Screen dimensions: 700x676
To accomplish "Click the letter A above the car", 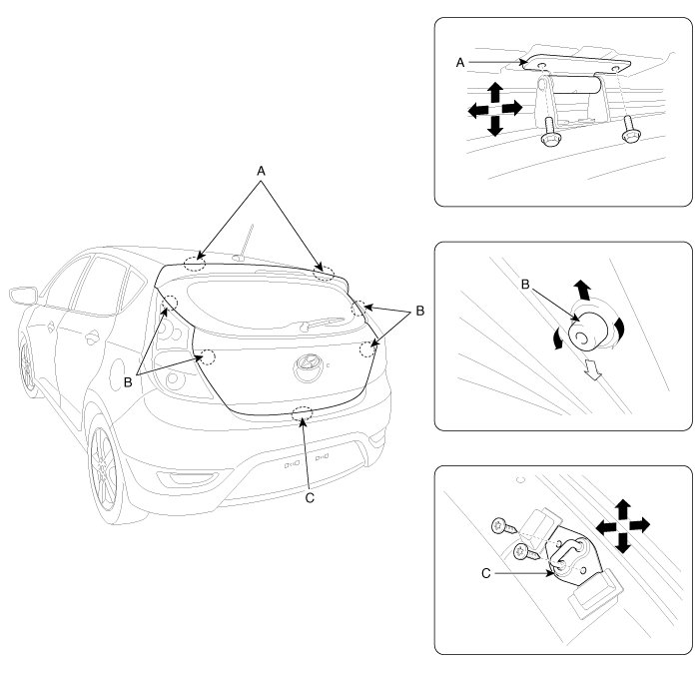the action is coord(262,171).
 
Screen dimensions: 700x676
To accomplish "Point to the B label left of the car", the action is coord(130,380).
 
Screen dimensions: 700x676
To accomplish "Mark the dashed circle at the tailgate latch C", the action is coord(302,415).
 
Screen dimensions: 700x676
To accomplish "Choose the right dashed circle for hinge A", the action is coord(324,271).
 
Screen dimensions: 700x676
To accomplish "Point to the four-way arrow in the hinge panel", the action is coord(494,109).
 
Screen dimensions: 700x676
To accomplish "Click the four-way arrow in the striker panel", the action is coord(621,525).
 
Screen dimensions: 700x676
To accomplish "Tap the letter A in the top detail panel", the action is coord(460,62).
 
